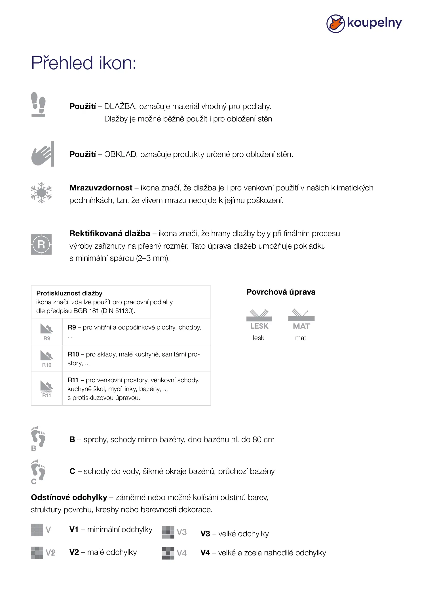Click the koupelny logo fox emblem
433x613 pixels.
click(x=335, y=24)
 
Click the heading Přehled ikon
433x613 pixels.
click(x=84, y=63)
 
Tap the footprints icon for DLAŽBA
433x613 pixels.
click(x=38, y=104)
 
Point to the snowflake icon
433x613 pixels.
click(x=41, y=193)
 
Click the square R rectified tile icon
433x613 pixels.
click(x=41, y=244)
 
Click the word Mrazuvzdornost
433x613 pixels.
click(x=101, y=188)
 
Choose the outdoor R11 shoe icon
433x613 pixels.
click(x=47, y=389)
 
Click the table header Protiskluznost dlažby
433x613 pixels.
click(x=69, y=293)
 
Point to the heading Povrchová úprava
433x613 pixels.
click(x=281, y=292)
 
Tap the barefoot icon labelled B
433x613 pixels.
click(x=38, y=438)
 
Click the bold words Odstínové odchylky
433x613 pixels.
click(x=69, y=497)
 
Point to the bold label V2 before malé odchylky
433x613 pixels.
click(x=74, y=552)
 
